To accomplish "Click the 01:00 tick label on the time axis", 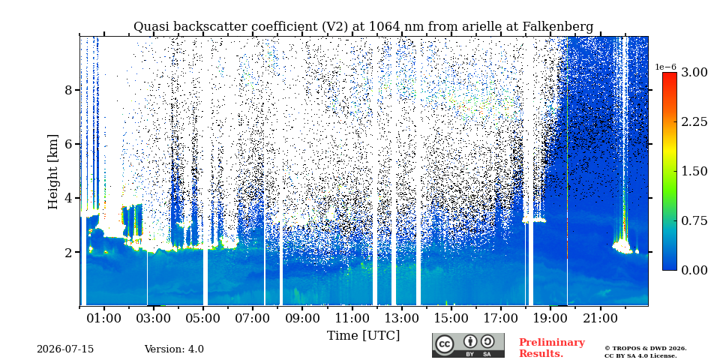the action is click(104, 318).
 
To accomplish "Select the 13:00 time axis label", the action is click(400, 318).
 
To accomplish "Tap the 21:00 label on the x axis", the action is click(598, 318).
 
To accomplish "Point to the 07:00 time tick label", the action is click(253, 318).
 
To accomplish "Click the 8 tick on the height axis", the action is click(69, 90).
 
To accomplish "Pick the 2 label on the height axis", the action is click(69, 252).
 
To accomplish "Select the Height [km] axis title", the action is click(53, 172).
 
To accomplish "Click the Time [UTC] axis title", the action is click(363, 336).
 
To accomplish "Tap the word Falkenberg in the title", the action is click(558, 27).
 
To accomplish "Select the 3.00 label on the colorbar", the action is click(694, 73).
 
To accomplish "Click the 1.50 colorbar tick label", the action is click(694, 171).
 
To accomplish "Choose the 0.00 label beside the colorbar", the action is click(694, 270).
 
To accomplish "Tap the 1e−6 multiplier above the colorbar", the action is click(665, 67).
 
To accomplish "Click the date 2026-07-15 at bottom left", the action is click(65, 349).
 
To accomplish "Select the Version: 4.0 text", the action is click(174, 349).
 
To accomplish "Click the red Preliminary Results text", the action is click(552, 348).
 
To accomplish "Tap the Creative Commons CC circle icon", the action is click(445, 344).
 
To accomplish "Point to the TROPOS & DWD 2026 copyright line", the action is click(646, 349).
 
